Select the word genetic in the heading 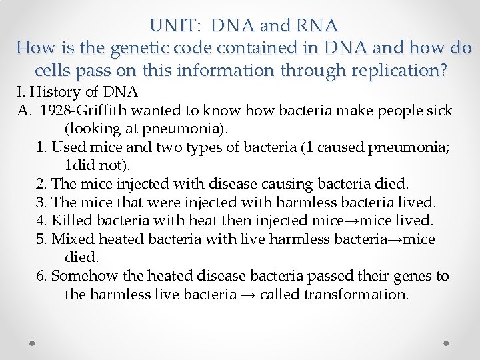133,48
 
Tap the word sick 438,110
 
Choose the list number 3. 42,202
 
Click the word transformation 356,294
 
